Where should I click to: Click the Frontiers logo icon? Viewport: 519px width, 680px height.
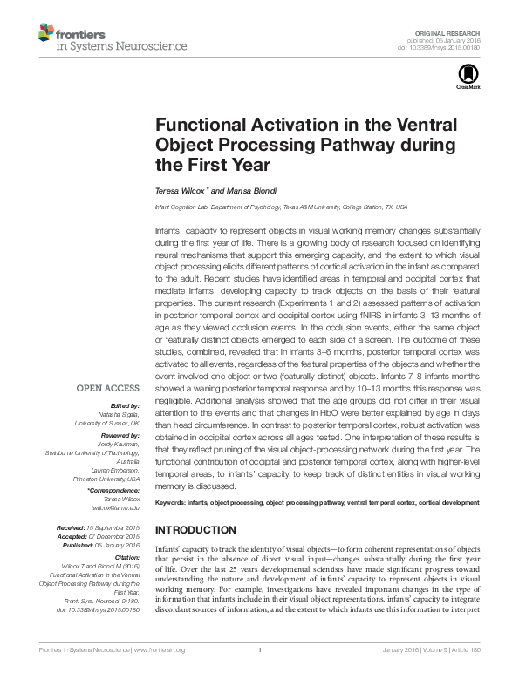tap(45, 32)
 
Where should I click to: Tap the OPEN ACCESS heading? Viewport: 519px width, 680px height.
tap(108, 386)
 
